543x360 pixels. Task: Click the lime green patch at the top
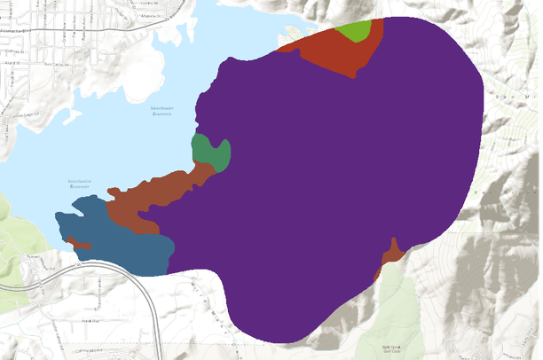click(356, 31)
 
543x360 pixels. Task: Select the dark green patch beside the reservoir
click(211, 153)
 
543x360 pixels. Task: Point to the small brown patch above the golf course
click(390, 257)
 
